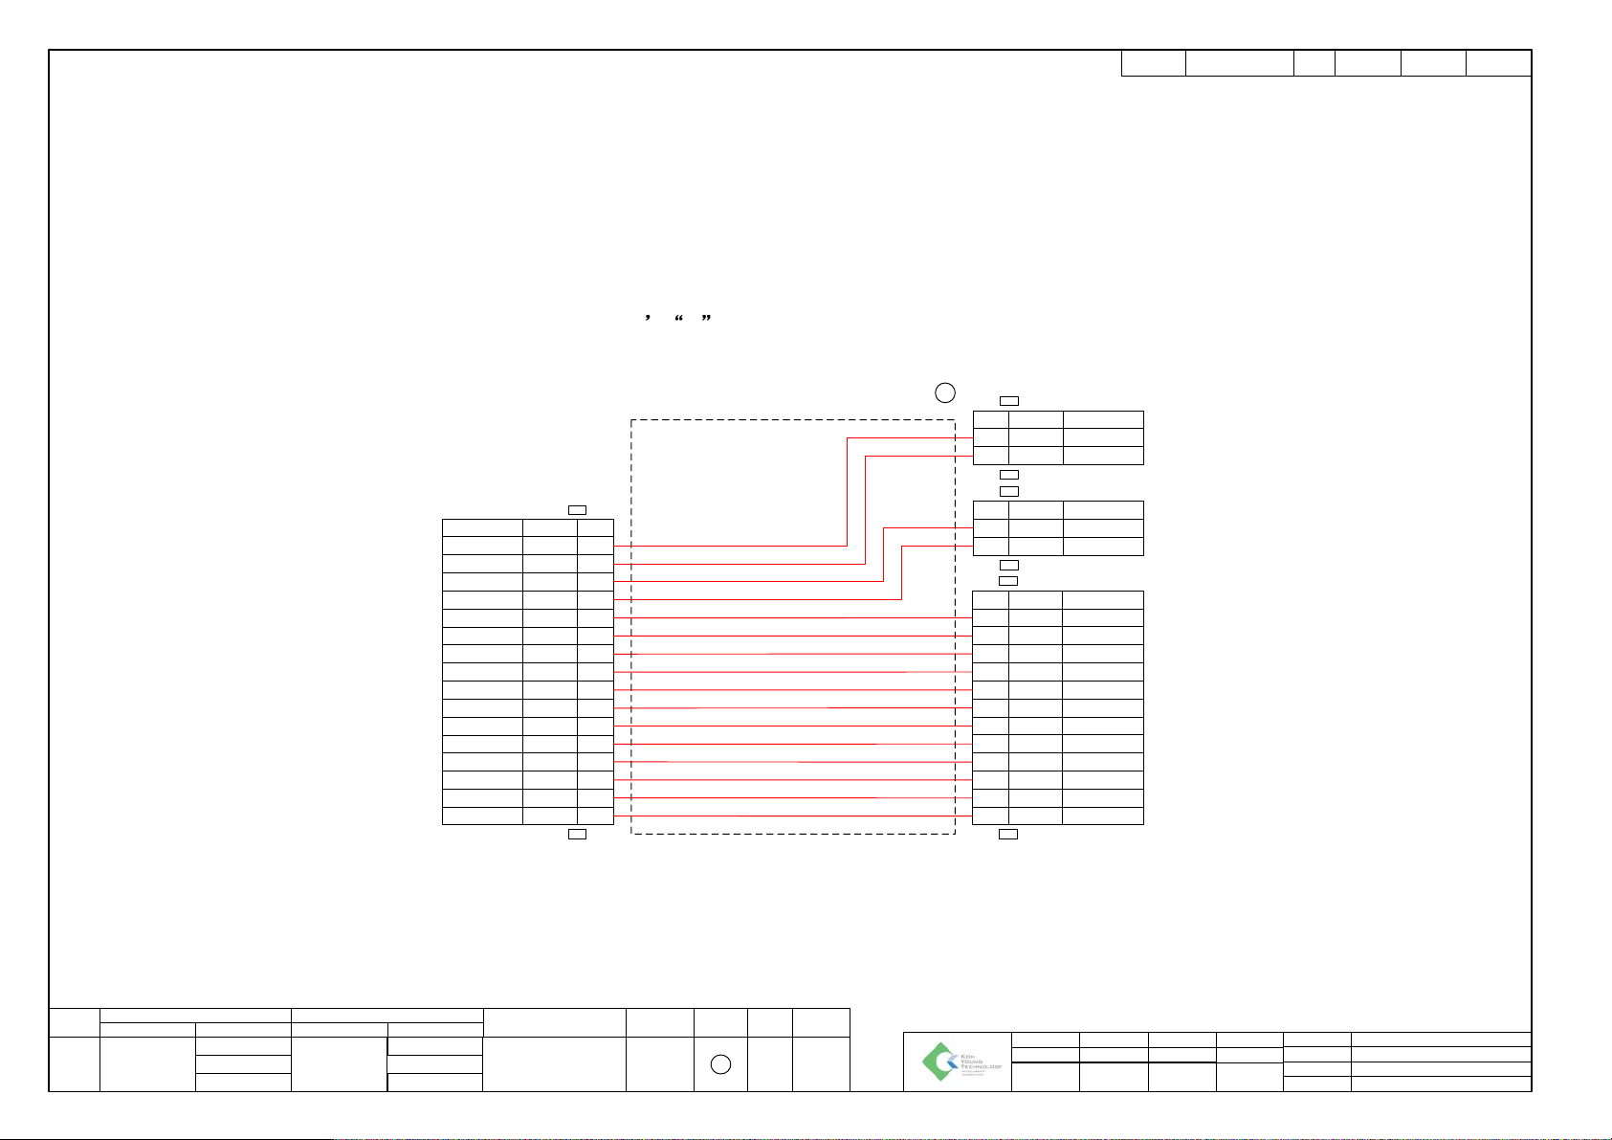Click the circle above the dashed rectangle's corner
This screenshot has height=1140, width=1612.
pos(944,391)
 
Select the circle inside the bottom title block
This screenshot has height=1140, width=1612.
pos(722,1064)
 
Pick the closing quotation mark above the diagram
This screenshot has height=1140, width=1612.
pos(706,318)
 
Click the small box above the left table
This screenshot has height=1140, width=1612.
pos(577,509)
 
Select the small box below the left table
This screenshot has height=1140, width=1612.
pos(577,835)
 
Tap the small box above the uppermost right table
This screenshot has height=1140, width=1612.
pos(1009,400)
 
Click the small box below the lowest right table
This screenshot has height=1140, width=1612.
pos(1009,835)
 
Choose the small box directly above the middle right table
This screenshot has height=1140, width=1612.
pos(1009,491)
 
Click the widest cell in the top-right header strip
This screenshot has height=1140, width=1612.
pos(1239,63)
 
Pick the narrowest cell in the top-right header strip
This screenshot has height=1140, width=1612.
pos(1314,63)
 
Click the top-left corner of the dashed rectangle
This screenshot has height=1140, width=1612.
pos(631,419)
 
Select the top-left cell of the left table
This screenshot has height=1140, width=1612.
pos(482,526)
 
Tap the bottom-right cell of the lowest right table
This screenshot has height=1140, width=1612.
pos(1103,816)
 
